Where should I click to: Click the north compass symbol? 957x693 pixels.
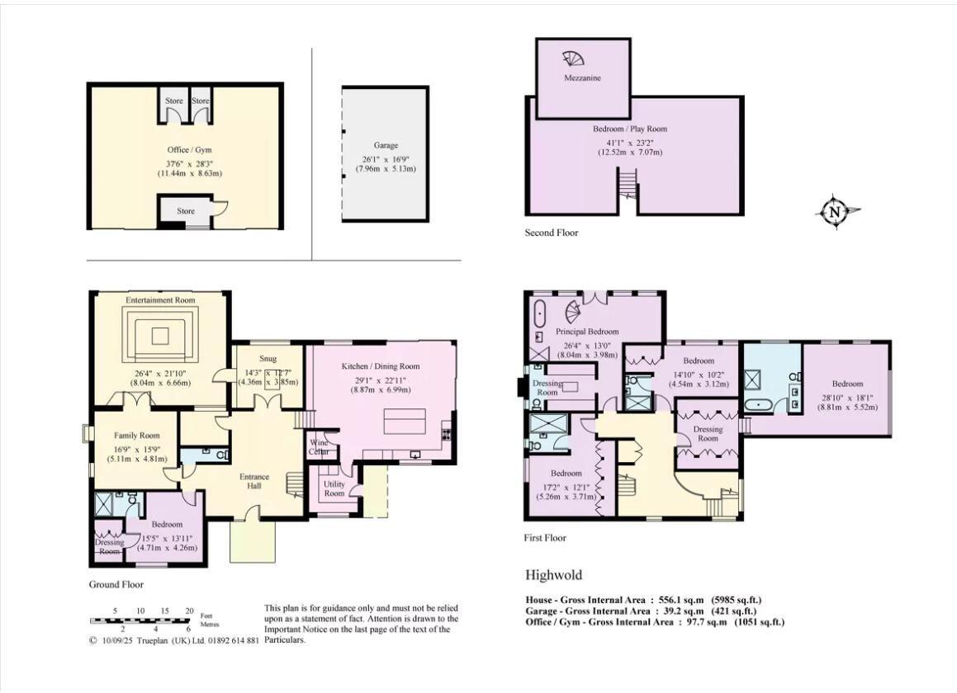[835, 211]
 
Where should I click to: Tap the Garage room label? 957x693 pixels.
[385, 144]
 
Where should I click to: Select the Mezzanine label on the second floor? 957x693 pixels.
[582, 78]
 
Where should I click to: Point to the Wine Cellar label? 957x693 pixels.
[319, 446]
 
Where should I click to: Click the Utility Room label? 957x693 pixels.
[334, 488]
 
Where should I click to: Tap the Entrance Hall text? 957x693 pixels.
[253, 482]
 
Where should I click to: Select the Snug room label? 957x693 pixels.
[268, 359]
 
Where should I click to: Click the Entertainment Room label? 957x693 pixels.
[160, 300]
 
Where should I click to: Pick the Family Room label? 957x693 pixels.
[137, 436]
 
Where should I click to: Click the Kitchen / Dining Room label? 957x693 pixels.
[381, 366]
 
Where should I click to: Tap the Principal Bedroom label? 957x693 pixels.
[587, 332]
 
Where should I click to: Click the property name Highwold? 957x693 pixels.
[552, 574]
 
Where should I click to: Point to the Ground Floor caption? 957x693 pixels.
[116, 584]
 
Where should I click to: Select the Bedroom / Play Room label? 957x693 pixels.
[629, 129]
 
